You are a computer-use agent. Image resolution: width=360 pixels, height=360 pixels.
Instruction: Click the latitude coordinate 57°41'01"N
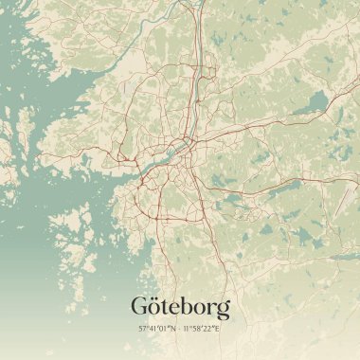[158, 330]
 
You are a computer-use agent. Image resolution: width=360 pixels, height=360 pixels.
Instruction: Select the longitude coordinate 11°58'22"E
[202, 330]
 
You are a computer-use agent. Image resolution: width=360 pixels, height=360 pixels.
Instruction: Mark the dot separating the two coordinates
[180, 330]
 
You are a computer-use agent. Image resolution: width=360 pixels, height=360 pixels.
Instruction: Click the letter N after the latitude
[173, 330]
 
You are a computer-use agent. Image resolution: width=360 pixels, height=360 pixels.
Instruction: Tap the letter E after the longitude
[218, 330]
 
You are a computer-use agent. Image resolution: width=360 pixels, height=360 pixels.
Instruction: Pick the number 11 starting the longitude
[188, 330]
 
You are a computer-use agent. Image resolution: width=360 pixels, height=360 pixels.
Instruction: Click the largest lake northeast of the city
[313, 100]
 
